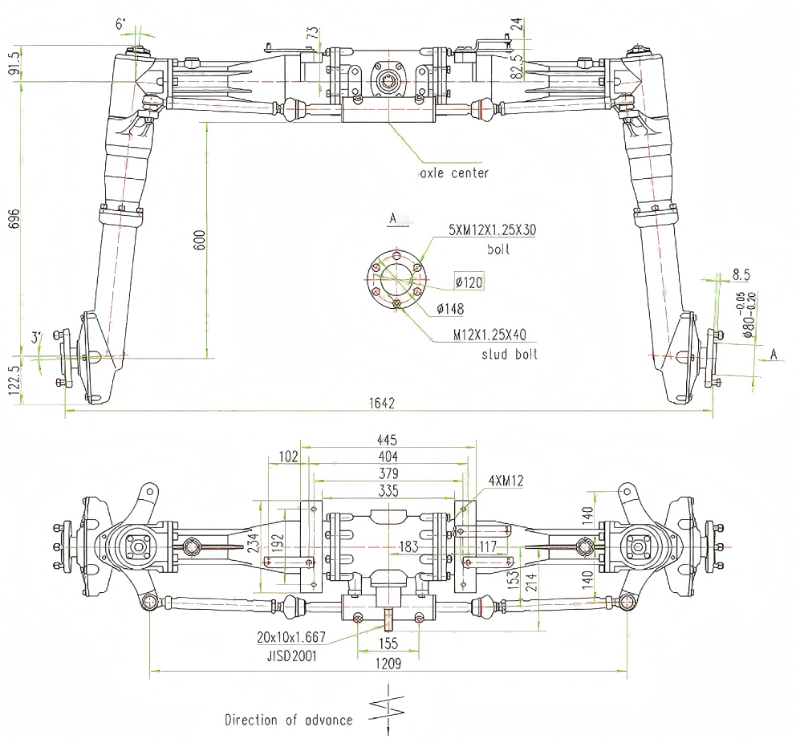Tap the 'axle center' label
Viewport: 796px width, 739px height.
click(453, 173)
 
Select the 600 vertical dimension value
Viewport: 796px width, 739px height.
click(200, 240)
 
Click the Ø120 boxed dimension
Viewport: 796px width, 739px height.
click(469, 282)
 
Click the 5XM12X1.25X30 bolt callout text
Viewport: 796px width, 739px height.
click(493, 230)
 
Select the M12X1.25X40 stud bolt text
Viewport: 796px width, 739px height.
click(490, 335)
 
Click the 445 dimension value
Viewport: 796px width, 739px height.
click(386, 440)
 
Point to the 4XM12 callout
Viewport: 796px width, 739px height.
click(505, 481)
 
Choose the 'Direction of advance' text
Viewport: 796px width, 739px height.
click(288, 720)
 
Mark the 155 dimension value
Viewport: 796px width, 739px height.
click(388, 643)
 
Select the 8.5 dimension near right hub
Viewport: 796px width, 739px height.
click(741, 274)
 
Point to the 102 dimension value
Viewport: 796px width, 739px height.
click(286, 457)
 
